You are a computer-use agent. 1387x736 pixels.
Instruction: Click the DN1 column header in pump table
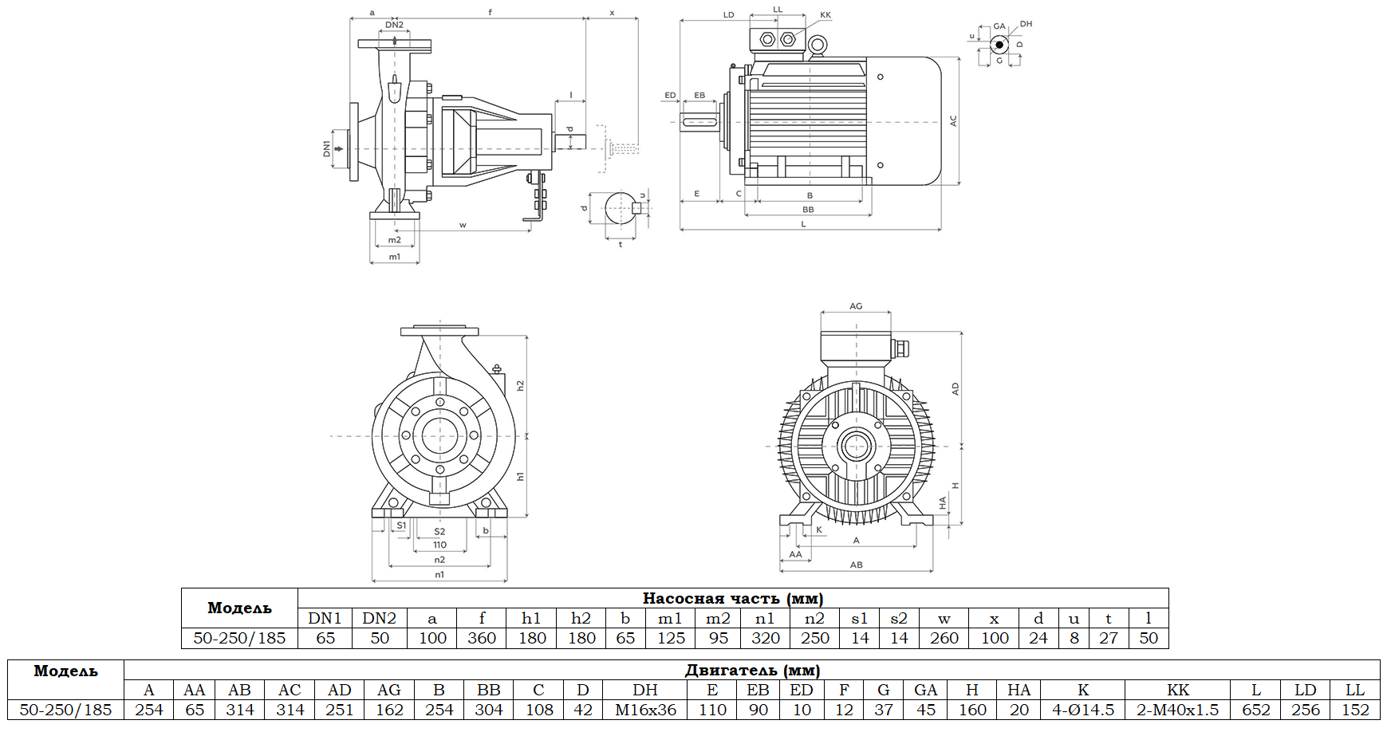click(x=325, y=618)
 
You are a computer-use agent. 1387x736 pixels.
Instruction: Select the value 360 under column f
click(x=482, y=638)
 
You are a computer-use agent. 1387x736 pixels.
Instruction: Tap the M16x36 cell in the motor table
click(x=645, y=710)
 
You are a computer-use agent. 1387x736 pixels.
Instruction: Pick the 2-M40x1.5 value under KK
click(x=1177, y=710)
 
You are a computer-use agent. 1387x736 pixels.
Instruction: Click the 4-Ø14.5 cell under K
click(x=1082, y=710)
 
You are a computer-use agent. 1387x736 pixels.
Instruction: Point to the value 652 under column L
click(x=1255, y=710)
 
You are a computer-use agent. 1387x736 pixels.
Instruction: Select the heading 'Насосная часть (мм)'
click(x=732, y=598)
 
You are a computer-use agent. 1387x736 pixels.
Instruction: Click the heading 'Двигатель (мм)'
click(x=751, y=670)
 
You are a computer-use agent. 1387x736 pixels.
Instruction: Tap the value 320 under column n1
click(x=765, y=638)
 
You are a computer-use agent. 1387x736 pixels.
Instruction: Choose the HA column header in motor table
click(x=1019, y=690)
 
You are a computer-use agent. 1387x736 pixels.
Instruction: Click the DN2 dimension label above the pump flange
click(x=394, y=25)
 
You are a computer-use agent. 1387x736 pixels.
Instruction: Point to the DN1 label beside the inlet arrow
click(x=326, y=148)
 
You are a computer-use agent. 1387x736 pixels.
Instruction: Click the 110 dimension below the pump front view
click(x=439, y=545)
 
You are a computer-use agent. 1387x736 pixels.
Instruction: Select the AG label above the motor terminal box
click(x=856, y=306)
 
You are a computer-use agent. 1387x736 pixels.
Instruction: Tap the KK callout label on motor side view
click(x=826, y=15)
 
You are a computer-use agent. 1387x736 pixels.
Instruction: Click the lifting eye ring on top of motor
click(x=816, y=47)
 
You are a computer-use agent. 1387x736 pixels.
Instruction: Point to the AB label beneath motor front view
click(x=856, y=565)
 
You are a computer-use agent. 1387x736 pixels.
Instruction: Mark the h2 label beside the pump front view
click(x=520, y=385)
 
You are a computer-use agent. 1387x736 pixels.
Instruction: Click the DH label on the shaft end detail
click(x=1026, y=24)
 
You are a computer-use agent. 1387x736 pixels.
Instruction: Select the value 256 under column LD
click(x=1305, y=710)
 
